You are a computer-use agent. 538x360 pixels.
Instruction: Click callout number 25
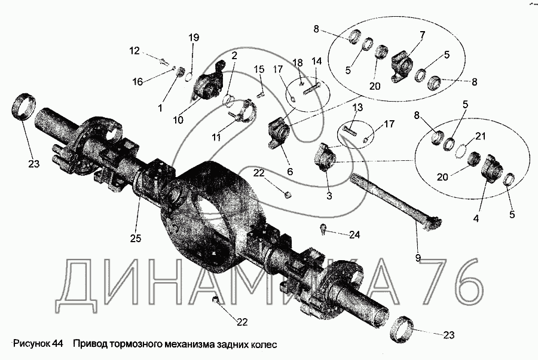click(135, 238)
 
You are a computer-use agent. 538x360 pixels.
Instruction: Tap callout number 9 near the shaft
click(418, 258)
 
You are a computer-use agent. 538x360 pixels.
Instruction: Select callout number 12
click(134, 51)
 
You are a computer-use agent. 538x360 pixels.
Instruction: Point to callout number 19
click(194, 38)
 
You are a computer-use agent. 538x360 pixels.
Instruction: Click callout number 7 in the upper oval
click(422, 35)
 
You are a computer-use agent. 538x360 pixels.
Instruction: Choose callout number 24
click(354, 235)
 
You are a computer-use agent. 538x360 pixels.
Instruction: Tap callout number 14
click(316, 61)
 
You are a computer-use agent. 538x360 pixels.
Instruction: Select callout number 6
click(291, 171)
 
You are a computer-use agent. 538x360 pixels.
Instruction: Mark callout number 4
click(476, 219)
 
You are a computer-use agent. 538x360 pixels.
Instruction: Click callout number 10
click(178, 120)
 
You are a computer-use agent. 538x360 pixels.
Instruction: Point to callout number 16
click(137, 81)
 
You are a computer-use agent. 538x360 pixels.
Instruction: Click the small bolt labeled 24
click(323, 227)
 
